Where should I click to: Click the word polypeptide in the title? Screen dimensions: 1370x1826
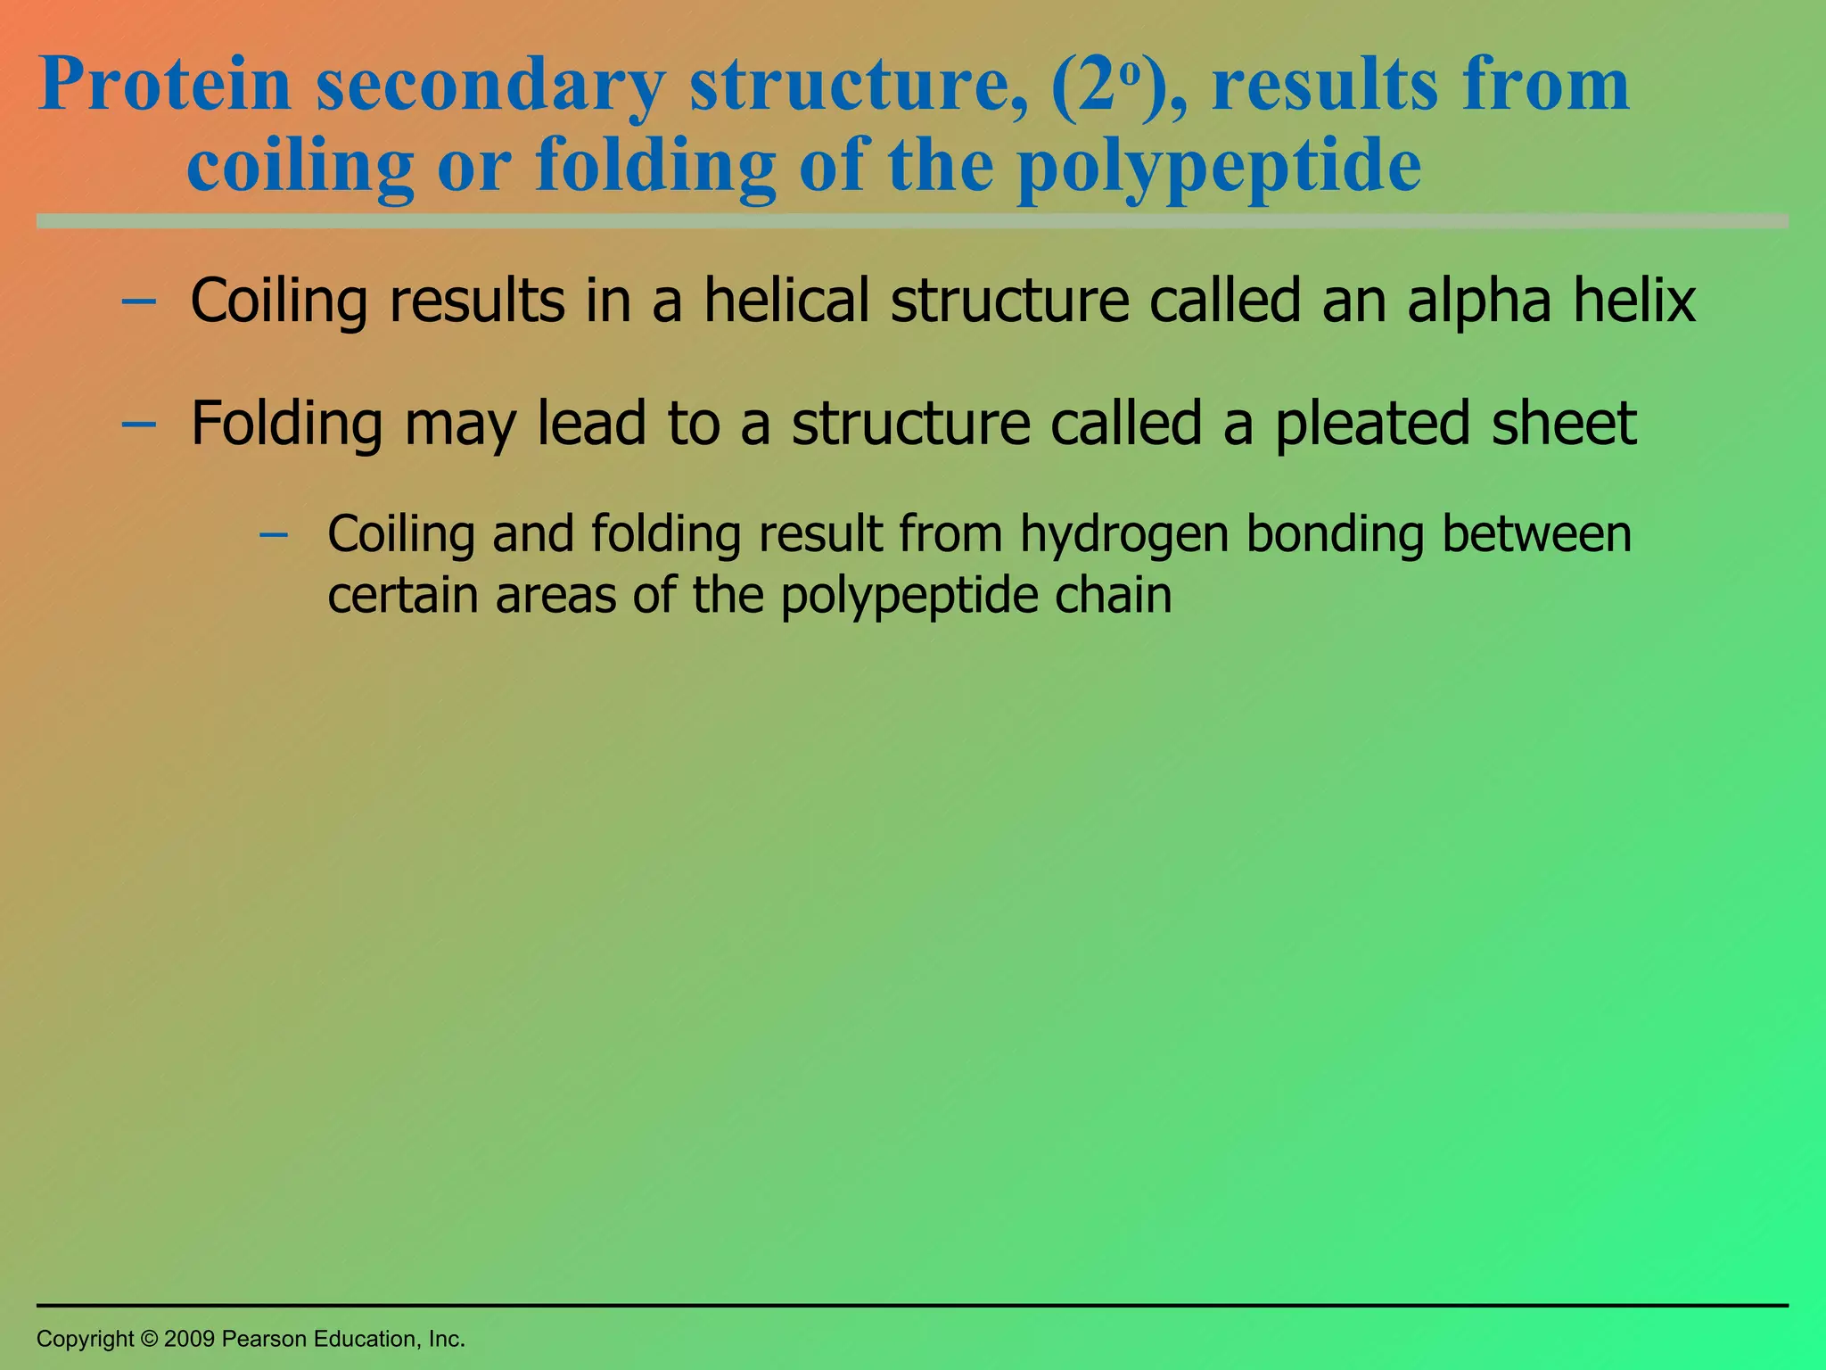tap(1219, 167)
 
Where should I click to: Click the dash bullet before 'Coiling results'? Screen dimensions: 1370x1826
tap(138, 301)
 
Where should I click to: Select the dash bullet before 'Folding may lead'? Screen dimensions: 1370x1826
tap(138, 424)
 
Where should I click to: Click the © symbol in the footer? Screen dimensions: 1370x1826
tap(149, 1339)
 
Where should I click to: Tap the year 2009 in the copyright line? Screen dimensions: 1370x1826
tap(189, 1339)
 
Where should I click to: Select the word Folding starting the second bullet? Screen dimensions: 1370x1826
tap(286, 425)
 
